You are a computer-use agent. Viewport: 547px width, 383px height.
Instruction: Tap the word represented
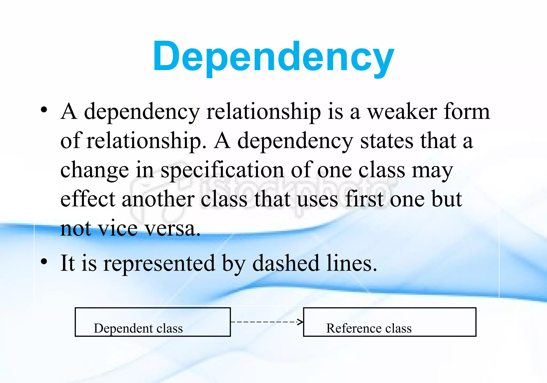coord(159,264)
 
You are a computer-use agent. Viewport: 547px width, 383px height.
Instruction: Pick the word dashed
coord(286,264)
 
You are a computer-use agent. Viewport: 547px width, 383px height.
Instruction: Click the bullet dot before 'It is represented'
coord(44,262)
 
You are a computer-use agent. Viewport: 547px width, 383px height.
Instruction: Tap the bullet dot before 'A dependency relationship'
coord(44,110)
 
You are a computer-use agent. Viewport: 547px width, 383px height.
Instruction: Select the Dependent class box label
coord(138,328)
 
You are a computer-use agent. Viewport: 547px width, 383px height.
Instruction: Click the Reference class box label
coord(369,328)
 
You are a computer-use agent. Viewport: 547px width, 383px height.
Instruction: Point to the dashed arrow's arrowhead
coord(301,322)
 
